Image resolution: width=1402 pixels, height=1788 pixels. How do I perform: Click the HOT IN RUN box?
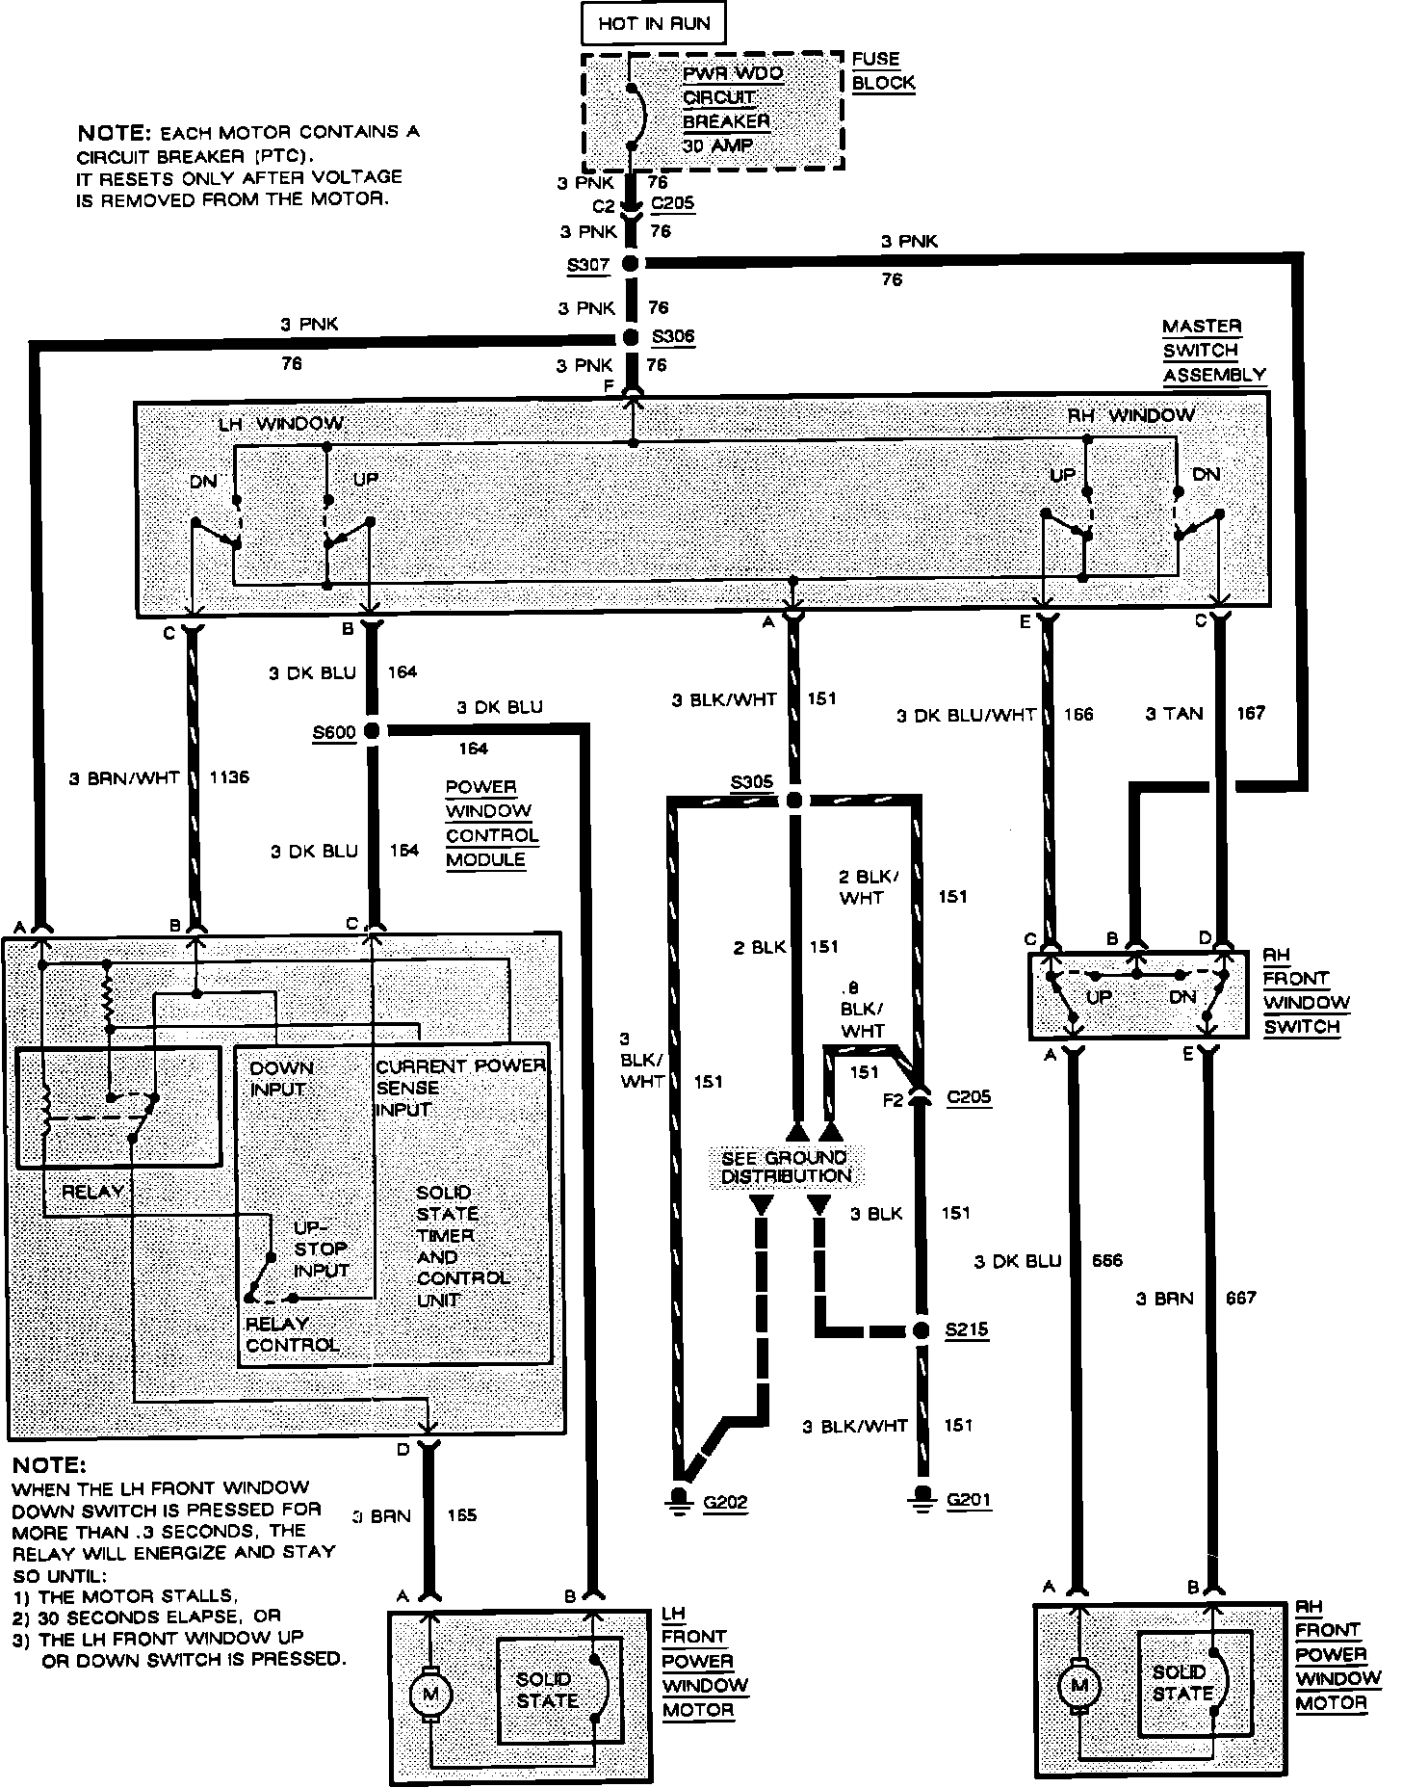tap(654, 24)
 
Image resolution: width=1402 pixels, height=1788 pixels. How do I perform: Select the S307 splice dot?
tap(631, 263)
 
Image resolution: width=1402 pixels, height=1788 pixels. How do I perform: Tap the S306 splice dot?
tap(631, 337)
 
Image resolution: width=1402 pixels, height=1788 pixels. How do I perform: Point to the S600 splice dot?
tap(371, 731)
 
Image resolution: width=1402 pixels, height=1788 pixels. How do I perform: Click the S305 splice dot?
tap(793, 800)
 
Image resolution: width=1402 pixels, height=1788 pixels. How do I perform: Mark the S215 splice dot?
tap(921, 1330)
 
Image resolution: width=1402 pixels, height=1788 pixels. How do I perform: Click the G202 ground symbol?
tap(681, 1501)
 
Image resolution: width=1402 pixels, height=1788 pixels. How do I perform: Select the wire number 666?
tap(1107, 1260)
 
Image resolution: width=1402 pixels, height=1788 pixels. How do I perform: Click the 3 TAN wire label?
tap(1174, 714)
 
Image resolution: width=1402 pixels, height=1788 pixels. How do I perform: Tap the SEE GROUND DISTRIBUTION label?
tap(786, 1167)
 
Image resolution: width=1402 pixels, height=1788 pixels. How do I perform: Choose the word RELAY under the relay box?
tap(92, 1192)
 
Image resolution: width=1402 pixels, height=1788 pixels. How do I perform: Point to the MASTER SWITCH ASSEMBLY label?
tap(1213, 351)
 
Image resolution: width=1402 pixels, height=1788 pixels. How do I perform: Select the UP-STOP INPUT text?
tap(321, 1249)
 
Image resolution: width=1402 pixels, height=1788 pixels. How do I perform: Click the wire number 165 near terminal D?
tap(462, 1515)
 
